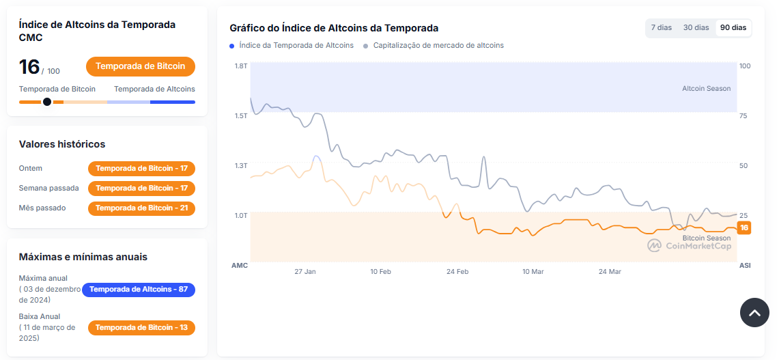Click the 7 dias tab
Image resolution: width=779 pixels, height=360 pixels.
pyautogui.click(x=661, y=27)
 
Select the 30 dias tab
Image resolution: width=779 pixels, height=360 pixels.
pyautogui.click(x=696, y=27)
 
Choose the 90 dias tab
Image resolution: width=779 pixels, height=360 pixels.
pyautogui.click(x=733, y=27)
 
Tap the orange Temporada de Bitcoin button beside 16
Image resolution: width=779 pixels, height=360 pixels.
pyautogui.click(x=141, y=66)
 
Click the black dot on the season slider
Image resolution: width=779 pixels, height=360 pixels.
pyautogui.click(x=47, y=102)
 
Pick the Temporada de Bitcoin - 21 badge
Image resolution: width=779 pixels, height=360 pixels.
pyautogui.click(x=141, y=208)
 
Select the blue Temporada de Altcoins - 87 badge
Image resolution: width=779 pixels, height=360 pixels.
pyautogui.click(x=139, y=289)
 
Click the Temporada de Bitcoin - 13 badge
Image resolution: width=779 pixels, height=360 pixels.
pyautogui.click(x=141, y=327)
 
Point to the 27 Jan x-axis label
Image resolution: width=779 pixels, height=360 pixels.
pyautogui.click(x=305, y=272)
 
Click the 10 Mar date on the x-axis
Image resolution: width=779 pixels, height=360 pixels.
pyautogui.click(x=533, y=272)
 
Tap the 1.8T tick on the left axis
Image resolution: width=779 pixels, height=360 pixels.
pyautogui.click(x=240, y=66)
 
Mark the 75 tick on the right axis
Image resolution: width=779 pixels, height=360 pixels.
pyautogui.click(x=743, y=116)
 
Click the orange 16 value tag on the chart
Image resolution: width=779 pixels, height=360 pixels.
pyautogui.click(x=744, y=227)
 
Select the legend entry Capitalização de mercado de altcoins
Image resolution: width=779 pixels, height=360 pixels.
pyautogui.click(x=438, y=46)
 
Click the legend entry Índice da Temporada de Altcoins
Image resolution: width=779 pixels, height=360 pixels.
pyautogui.click(x=296, y=46)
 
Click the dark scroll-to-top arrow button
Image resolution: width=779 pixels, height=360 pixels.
pyautogui.click(x=754, y=313)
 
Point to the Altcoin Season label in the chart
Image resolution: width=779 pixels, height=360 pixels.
pyautogui.click(x=706, y=89)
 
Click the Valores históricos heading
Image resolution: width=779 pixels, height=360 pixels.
pyautogui.click(x=62, y=144)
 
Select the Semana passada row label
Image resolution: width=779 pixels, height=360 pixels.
pyautogui.click(x=49, y=188)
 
